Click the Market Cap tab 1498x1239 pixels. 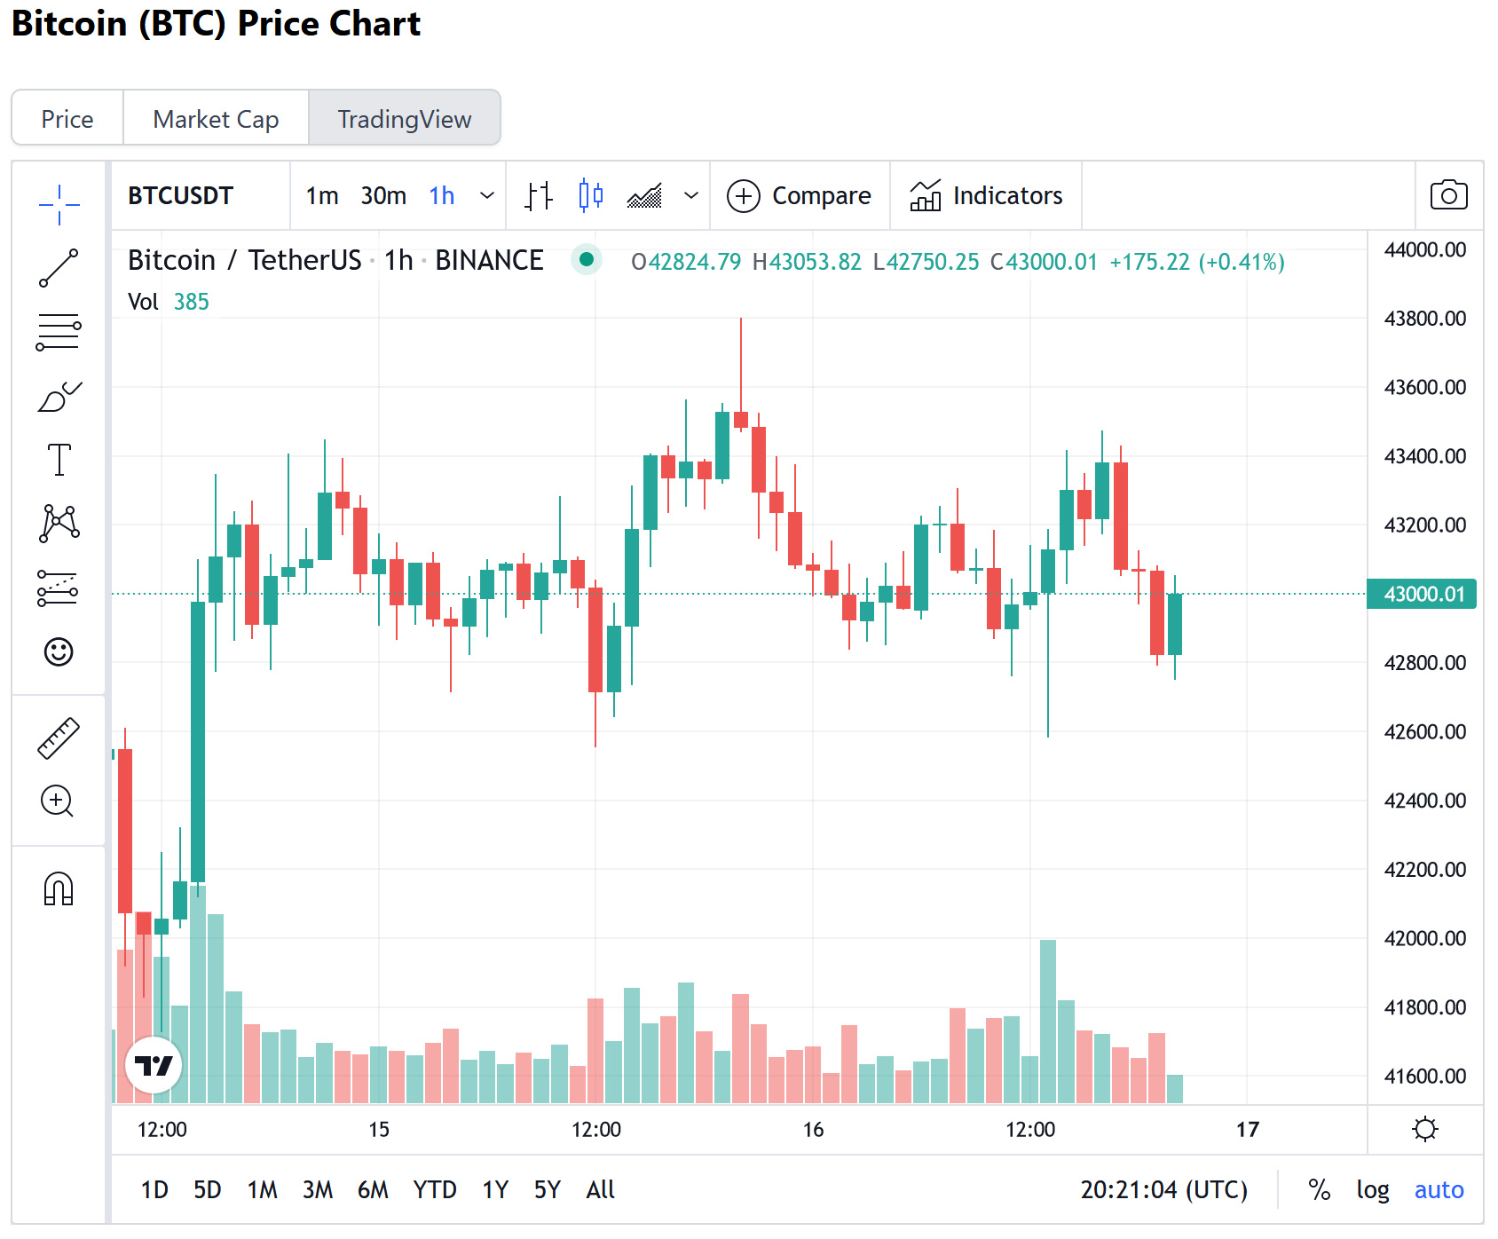point(216,119)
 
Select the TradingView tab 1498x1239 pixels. point(404,119)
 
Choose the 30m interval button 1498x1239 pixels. point(383,195)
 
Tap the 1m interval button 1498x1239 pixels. point(322,195)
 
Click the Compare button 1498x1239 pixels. point(799,195)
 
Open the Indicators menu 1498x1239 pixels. point(986,195)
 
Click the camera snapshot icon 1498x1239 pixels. point(1448,195)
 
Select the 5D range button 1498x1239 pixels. point(207,1189)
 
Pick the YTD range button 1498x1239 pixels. point(434,1189)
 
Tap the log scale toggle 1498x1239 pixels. point(1372,1189)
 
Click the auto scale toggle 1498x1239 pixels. point(1439,1189)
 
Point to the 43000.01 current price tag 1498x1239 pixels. point(1423,594)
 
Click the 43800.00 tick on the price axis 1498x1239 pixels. point(1424,318)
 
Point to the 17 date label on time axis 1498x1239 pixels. point(1247,1129)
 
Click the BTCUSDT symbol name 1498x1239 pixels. point(180,195)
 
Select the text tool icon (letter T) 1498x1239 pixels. point(59,460)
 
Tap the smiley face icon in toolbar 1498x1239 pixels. point(59,652)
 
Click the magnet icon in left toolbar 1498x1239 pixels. point(59,888)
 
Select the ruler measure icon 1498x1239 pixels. point(59,738)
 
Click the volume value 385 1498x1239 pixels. point(191,302)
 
